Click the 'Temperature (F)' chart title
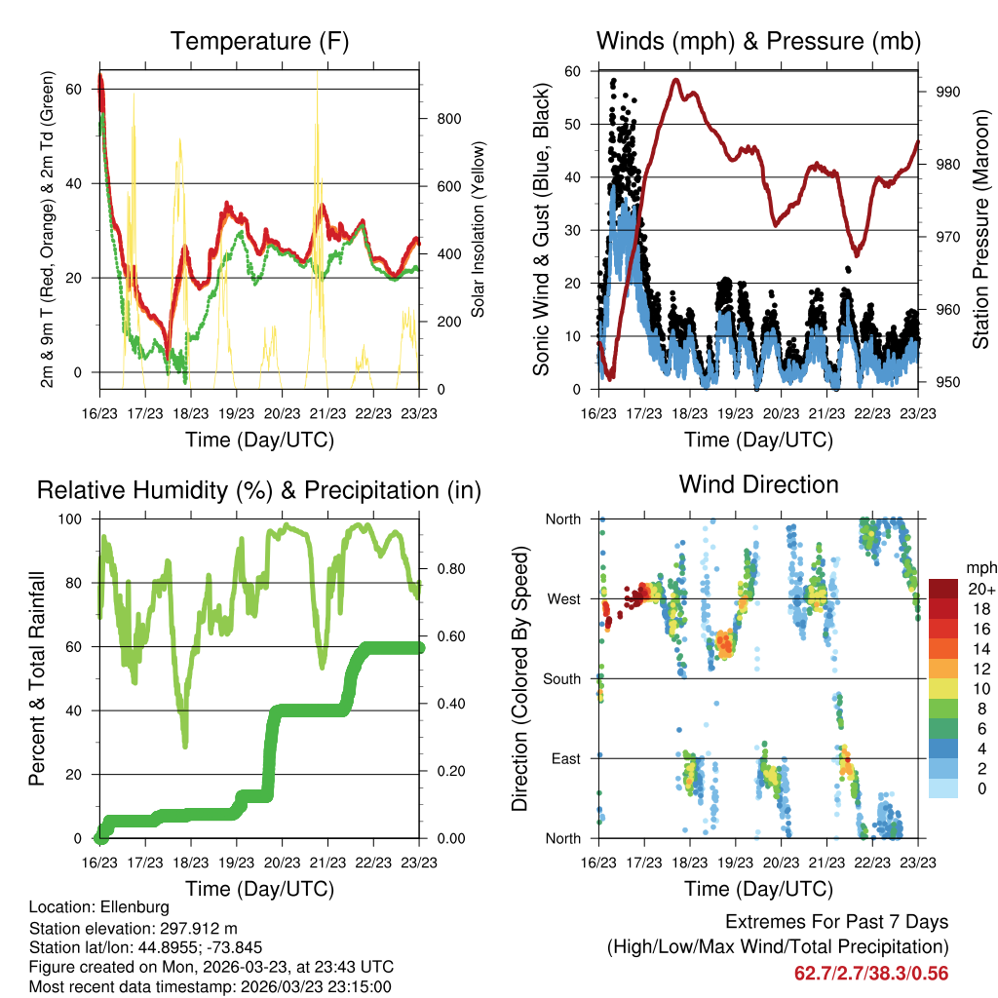pyautogui.click(x=259, y=42)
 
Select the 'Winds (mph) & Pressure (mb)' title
pyautogui.click(x=758, y=42)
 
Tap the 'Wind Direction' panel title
pyautogui.click(x=758, y=484)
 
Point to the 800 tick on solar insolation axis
pyautogui.click(x=449, y=119)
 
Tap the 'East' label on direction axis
pyautogui.click(x=564, y=758)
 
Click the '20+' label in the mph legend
pyautogui.click(x=979, y=589)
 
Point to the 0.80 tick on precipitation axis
pyautogui.click(x=443, y=568)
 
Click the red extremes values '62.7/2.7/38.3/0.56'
pyautogui.click(x=871, y=973)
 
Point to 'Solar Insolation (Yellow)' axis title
pyautogui.click(x=479, y=230)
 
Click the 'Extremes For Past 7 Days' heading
pyautogui.click(x=836, y=922)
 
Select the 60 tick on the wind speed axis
pyautogui.click(x=573, y=71)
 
